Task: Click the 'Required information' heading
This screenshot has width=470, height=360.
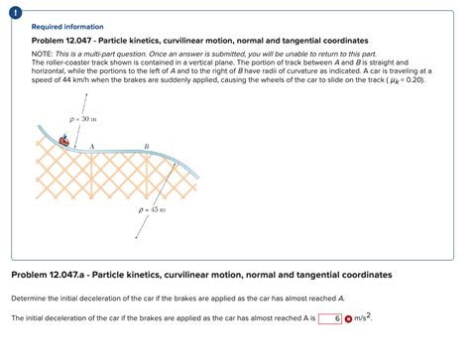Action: [66, 27]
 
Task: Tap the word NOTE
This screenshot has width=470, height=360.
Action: [43, 52]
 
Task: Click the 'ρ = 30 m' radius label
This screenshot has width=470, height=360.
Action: [83, 118]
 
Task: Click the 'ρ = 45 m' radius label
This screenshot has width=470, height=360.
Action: [152, 210]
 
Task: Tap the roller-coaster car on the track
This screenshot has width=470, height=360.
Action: [67, 140]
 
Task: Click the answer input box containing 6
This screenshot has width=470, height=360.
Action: [330, 318]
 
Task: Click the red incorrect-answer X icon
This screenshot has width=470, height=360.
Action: [348, 318]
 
